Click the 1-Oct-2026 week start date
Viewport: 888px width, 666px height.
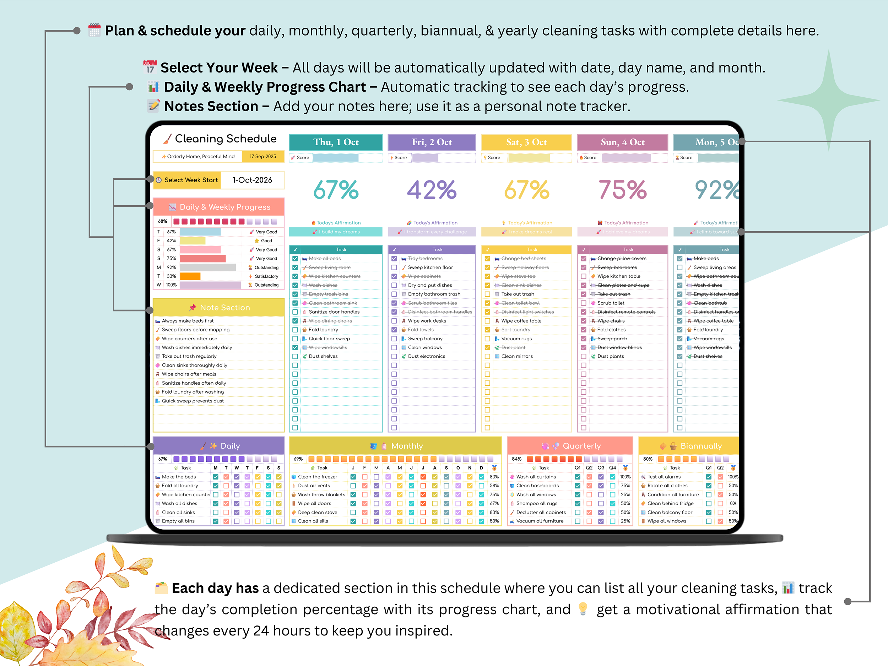point(252,180)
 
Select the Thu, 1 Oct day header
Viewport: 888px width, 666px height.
point(336,142)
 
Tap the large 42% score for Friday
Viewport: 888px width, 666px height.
point(432,190)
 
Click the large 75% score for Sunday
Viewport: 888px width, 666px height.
point(622,190)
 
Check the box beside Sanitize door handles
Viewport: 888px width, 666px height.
point(295,312)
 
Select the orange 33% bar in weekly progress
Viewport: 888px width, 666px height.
point(190,276)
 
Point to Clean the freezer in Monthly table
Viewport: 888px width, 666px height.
point(317,477)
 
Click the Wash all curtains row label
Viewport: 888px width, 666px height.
point(536,477)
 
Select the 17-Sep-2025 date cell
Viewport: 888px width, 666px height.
point(262,157)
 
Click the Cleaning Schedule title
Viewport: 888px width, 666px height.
point(225,139)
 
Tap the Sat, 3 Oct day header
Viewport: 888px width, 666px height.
point(526,142)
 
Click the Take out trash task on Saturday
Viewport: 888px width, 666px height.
point(518,294)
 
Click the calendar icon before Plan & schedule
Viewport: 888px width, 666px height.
point(94,31)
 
